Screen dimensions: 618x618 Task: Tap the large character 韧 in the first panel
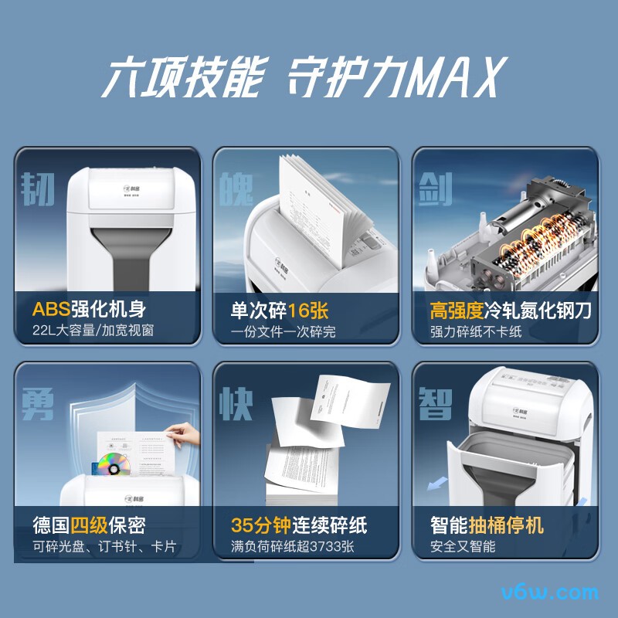coord(38,188)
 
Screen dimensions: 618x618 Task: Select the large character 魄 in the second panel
coord(236,188)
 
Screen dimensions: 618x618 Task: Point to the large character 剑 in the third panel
coord(435,188)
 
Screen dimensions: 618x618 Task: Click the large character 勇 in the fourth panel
coord(38,402)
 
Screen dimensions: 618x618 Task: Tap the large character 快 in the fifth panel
coord(236,402)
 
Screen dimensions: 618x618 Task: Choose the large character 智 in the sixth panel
coord(435,402)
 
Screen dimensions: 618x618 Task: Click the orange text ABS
coord(50,311)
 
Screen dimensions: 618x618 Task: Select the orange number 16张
coord(308,311)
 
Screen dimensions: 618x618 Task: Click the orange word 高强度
coord(457,311)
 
